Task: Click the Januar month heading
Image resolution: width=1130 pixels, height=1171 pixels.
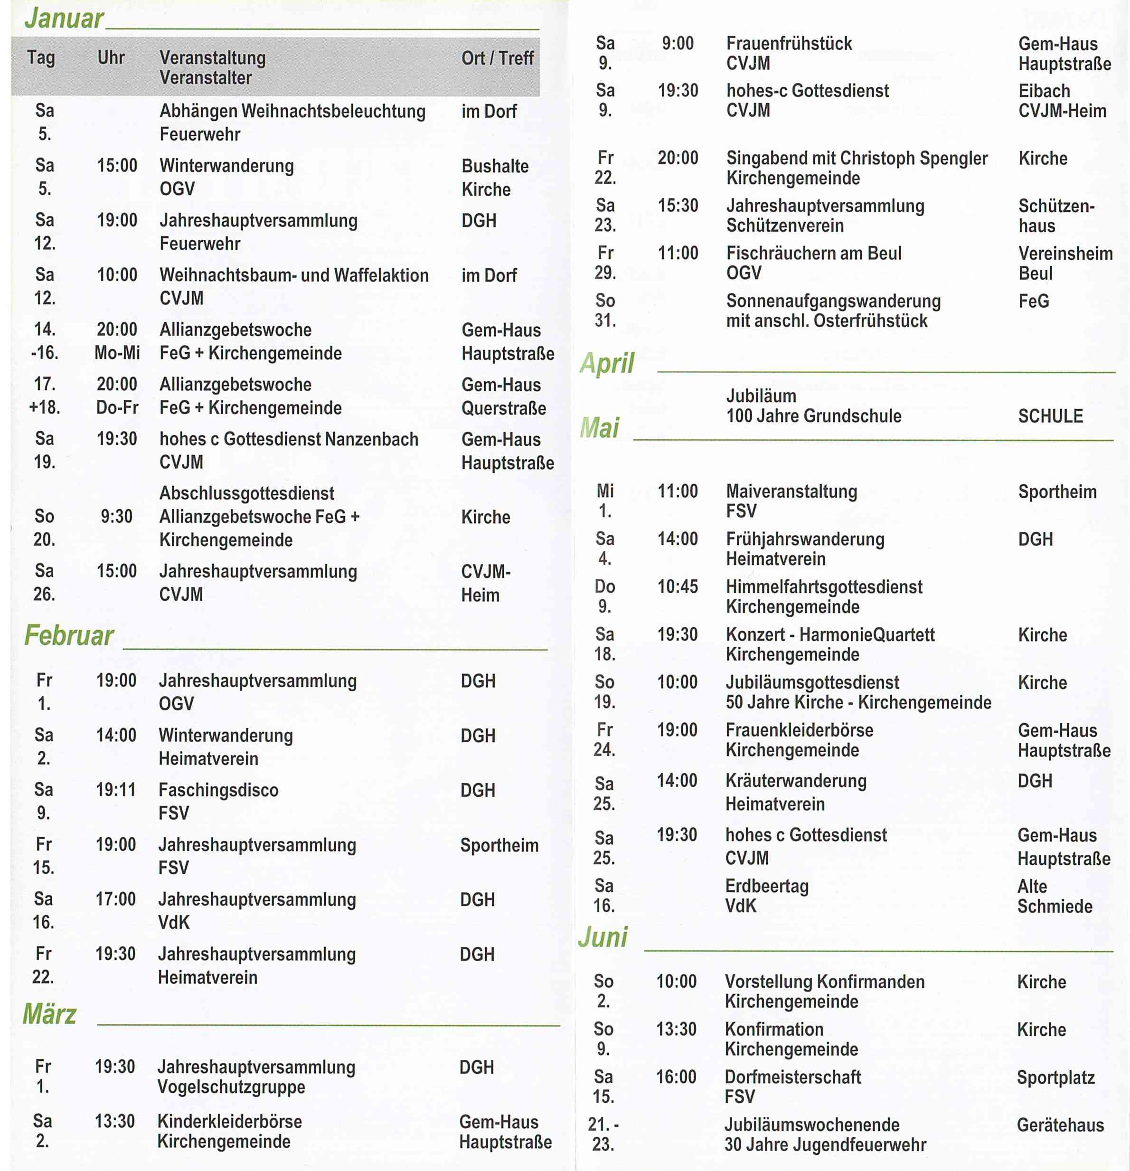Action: (64, 18)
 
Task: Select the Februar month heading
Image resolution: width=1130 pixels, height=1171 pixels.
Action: (69, 634)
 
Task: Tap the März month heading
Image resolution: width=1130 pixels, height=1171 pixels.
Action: (49, 1014)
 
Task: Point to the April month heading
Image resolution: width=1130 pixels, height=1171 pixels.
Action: (607, 363)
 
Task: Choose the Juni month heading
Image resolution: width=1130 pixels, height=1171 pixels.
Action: (603, 937)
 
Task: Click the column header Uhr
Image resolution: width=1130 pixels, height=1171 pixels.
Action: (111, 57)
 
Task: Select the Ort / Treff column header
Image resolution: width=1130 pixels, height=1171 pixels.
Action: (497, 58)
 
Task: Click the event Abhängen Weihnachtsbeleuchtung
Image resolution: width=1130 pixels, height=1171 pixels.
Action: (292, 111)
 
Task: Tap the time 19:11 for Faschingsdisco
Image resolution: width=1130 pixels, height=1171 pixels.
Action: (116, 790)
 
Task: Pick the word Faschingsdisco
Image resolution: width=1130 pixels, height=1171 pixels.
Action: (218, 790)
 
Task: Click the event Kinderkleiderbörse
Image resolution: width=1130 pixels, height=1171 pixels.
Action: (229, 1121)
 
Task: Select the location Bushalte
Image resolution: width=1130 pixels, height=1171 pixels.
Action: (495, 166)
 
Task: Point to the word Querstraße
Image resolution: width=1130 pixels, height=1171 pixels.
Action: (503, 408)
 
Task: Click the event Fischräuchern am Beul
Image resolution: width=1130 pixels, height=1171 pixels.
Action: (813, 253)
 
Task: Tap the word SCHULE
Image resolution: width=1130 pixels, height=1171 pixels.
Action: (1050, 416)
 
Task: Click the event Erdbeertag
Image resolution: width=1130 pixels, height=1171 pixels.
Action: (766, 886)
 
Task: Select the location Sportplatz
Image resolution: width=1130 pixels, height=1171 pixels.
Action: (1055, 1077)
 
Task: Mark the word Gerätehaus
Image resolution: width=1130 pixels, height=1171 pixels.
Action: (1060, 1125)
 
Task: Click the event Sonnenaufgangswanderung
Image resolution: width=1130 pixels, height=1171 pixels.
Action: (833, 301)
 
